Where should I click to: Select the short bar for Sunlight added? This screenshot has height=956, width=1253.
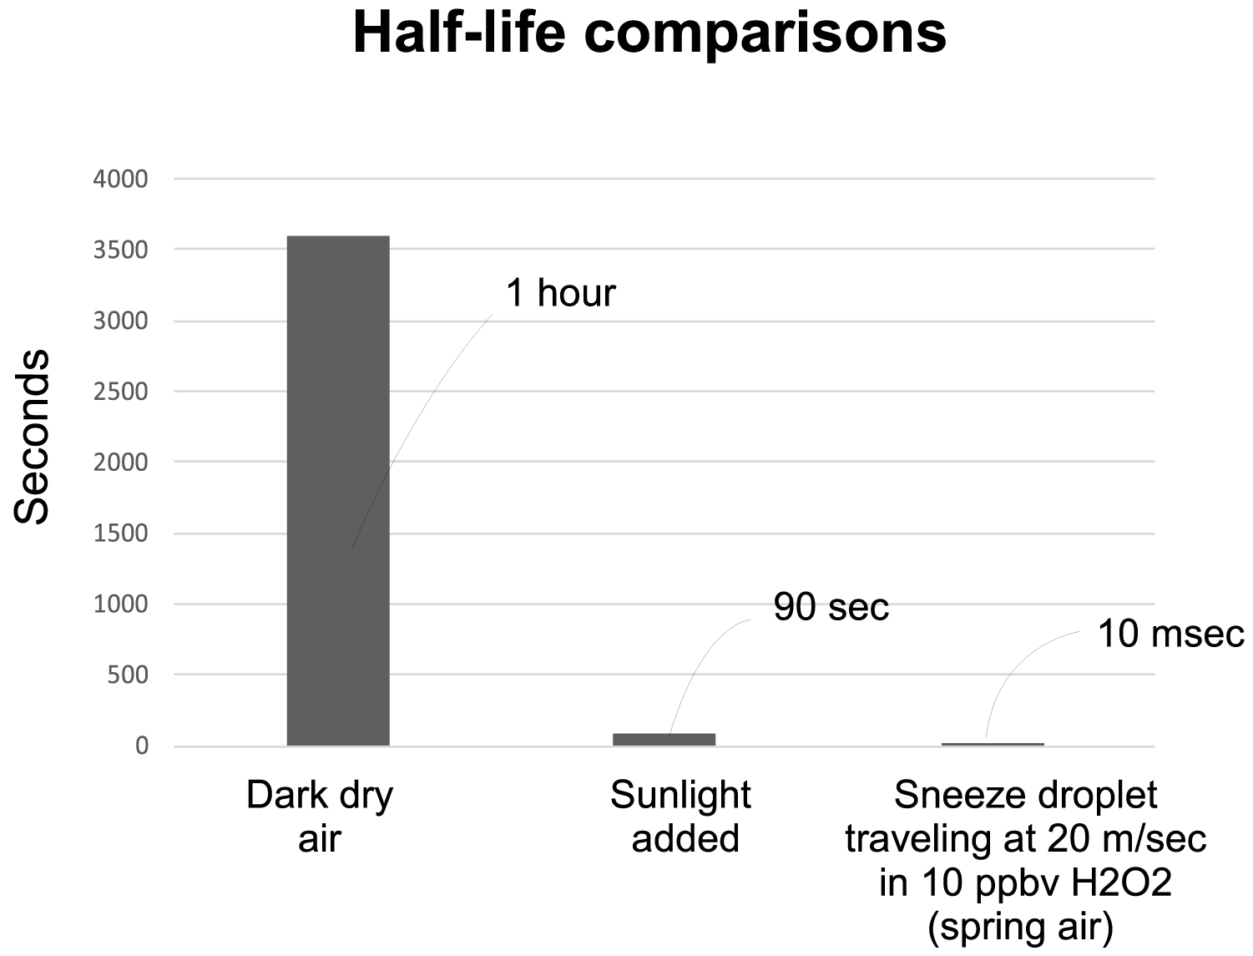pyautogui.click(x=664, y=739)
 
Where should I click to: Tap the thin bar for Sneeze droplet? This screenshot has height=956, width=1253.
pyautogui.click(x=993, y=743)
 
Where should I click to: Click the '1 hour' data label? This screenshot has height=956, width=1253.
pyautogui.click(x=560, y=293)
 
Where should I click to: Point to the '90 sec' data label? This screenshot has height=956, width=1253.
pyautogui.click(x=831, y=607)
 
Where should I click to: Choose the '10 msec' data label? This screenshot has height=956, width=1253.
pyautogui.click(x=1170, y=635)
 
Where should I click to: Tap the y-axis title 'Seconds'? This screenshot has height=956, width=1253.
pyautogui.click(x=33, y=437)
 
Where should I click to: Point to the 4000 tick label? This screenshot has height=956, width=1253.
pyautogui.click(x=120, y=179)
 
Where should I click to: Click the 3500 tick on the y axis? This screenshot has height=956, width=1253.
pyautogui.click(x=120, y=250)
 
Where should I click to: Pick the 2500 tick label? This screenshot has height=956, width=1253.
pyautogui.click(x=120, y=392)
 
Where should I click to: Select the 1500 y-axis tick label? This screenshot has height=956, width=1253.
pyautogui.click(x=120, y=534)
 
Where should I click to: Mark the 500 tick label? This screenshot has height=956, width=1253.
pyautogui.click(x=127, y=675)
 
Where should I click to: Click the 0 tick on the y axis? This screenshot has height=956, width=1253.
pyautogui.click(x=141, y=746)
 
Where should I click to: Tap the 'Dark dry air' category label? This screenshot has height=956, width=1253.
pyautogui.click(x=320, y=817)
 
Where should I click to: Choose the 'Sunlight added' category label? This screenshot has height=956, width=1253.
pyautogui.click(x=681, y=817)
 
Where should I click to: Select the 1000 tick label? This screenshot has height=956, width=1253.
pyautogui.click(x=120, y=604)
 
